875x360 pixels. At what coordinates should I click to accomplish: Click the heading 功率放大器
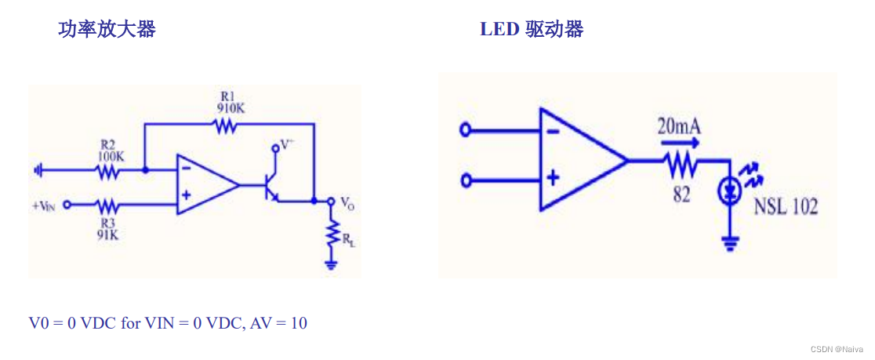[x=107, y=30]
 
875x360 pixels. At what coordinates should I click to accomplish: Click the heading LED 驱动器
[x=532, y=30]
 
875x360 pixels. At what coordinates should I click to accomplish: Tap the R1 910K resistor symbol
[x=227, y=125]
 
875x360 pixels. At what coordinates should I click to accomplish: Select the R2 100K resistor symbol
[x=108, y=169]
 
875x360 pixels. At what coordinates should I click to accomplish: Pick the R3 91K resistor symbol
[x=108, y=205]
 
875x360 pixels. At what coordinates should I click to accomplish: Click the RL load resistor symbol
[x=332, y=233]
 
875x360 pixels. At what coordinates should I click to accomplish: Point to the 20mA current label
[x=678, y=125]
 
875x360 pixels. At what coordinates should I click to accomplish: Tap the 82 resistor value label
[x=681, y=195]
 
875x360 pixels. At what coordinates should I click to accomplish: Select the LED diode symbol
[x=730, y=191]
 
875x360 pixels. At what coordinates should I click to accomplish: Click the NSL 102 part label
[x=786, y=207]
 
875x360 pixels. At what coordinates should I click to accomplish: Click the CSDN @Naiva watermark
[x=837, y=349]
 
